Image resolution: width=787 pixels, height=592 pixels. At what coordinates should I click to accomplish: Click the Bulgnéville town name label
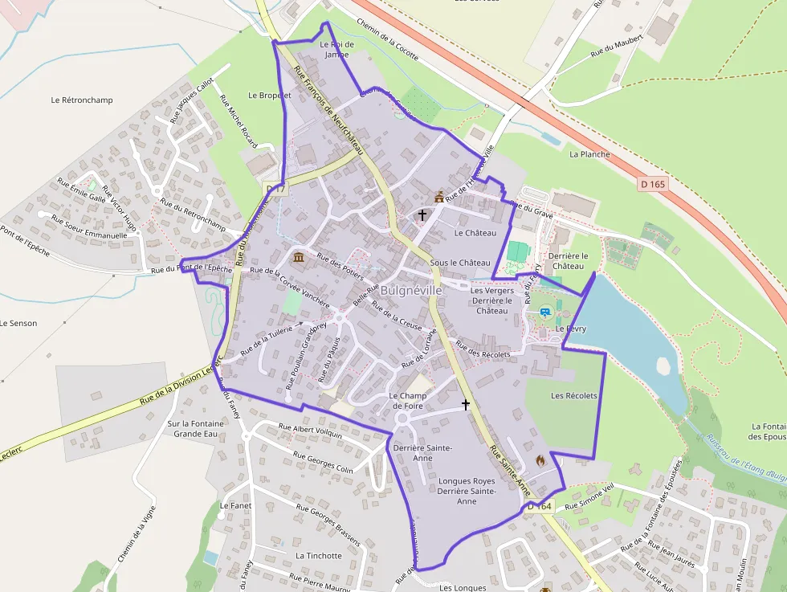click(x=411, y=290)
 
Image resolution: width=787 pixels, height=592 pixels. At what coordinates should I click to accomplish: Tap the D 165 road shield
click(x=654, y=184)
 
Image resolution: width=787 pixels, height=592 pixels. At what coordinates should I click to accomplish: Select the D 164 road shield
click(x=540, y=506)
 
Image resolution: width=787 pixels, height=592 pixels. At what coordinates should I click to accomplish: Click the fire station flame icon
click(x=540, y=460)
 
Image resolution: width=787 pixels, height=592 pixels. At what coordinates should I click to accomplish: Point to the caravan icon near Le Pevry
click(x=545, y=312)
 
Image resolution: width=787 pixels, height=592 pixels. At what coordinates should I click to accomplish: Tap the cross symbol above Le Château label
click(x=422, y=215)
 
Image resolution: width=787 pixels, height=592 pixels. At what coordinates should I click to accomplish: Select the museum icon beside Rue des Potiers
click(x=299, y=257)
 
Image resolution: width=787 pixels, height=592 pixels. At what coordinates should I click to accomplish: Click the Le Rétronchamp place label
click(x=82, y=100)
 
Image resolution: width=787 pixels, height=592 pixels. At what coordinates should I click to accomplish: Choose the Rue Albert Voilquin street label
click(x=310, y=431)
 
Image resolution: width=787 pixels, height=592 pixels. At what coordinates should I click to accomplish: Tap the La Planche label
click(x=589, y=154)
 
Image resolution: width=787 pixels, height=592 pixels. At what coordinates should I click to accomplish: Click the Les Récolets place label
click(x=574, y=396)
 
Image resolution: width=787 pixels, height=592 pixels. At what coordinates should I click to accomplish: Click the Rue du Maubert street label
click(x=618, y=45)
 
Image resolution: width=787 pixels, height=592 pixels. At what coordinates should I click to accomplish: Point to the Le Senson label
click(x=18, y=323)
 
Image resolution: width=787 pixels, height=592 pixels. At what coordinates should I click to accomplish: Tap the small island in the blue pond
click(x=663, y=365)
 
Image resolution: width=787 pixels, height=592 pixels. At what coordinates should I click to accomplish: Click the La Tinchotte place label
click(x=319, y=556)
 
